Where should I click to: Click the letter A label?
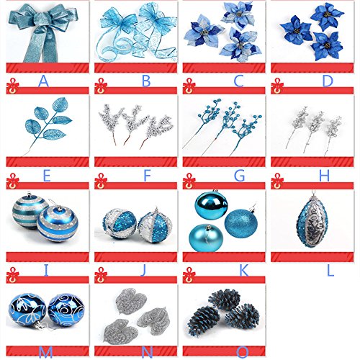tap(43, 81)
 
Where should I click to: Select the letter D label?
tap(328, 81)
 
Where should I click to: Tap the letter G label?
tap(239, 176)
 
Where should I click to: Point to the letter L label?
tap(330, 271)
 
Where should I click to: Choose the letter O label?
tap(243, 352)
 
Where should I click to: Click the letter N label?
tap(147, 352)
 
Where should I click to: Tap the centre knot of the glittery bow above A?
tap(41, 19)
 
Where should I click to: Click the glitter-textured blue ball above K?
tap(241, 222)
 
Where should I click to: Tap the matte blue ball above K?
tap(206, 238)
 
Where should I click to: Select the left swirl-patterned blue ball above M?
tap(27, 310)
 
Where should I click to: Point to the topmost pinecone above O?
tap(225, 300)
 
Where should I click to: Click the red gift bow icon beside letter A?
tap(12, 86)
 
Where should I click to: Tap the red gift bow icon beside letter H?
tap(277, 181)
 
